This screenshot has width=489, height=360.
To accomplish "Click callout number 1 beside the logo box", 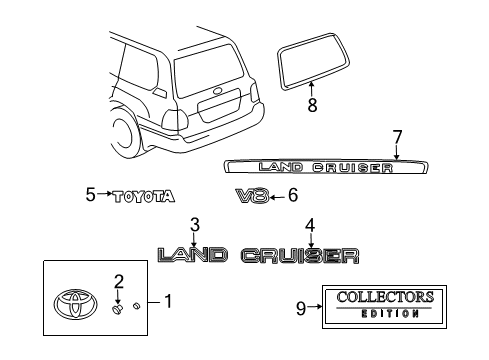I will (167, 300).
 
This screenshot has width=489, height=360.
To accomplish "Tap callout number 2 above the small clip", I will (118, 281).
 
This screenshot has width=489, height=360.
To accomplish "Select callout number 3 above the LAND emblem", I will (195, 224).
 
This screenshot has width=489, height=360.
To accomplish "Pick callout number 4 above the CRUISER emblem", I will (311, 224).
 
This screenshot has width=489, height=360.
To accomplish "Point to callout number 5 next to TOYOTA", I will (89, 195).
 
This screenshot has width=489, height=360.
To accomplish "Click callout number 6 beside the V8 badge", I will (292, 195).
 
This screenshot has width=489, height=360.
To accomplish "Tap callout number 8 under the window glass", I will (312, 103).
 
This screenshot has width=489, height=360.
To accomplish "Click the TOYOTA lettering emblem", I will (141, 196).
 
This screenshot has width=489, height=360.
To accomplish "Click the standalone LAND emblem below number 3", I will (193, 256).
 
